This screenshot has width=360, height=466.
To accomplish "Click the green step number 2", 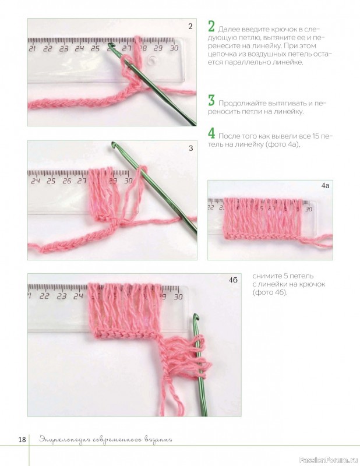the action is tap(211, 26).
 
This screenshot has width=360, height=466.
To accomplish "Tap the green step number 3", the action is tap(211, 100).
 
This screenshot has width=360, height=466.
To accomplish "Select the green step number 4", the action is tap(211, 133).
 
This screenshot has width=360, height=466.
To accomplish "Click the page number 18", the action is tap(22, 440).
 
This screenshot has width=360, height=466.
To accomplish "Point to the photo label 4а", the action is tap(325, 186).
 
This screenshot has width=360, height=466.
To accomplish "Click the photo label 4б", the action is tap(233, 280).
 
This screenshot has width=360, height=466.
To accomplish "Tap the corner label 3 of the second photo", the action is tap(190, 148).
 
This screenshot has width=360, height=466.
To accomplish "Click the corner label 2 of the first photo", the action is tap(190, 26).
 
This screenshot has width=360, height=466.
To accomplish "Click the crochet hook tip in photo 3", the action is tap(113, 144).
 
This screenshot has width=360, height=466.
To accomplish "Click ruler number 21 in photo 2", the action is tap(32, 48).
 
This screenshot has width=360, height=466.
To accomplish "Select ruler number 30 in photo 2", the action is tap(174, 48).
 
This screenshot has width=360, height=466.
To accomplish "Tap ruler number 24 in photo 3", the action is tap(36, 181).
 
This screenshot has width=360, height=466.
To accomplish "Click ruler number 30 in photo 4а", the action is tap(309, 209).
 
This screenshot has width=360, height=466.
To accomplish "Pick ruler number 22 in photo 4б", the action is tap(45, 296).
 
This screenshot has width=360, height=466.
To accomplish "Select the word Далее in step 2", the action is tap(227, 30).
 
